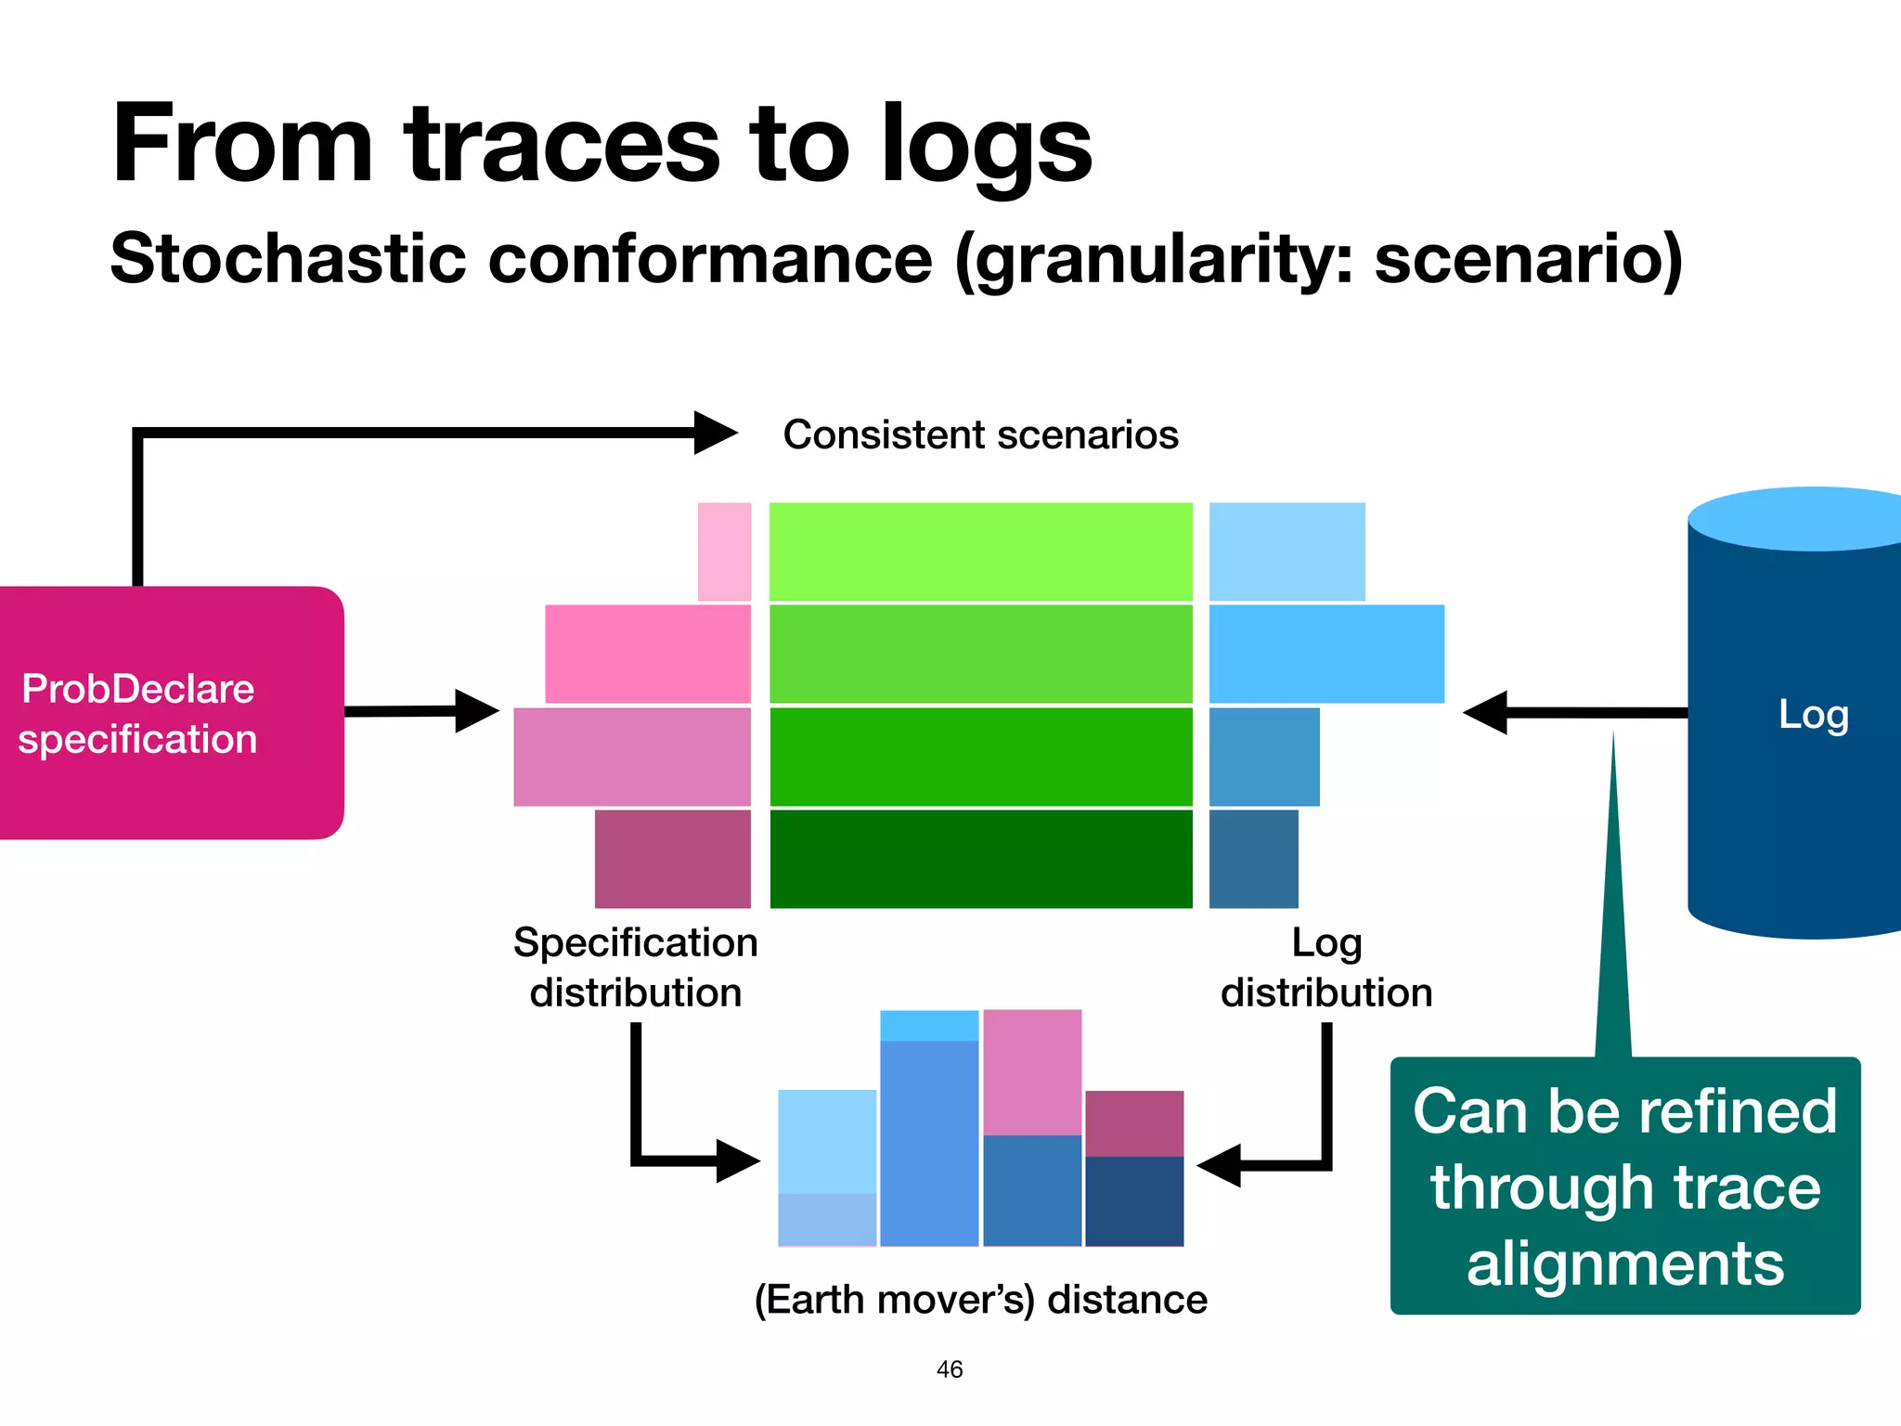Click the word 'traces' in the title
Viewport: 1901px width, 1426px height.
click(562, 146)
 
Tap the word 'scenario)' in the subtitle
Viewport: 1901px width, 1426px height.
click(1528, 259)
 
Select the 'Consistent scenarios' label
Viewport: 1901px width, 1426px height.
click(980, 434)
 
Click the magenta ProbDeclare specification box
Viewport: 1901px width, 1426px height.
click(172, 713)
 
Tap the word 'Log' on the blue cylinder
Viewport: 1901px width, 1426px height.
click(1813, 714)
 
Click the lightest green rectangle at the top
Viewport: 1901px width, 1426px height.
click(980, 551)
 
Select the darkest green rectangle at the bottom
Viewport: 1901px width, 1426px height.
click(980, 859)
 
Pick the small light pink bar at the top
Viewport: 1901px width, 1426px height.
click(724, 551)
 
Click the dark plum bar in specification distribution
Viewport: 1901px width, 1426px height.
click(672, 859)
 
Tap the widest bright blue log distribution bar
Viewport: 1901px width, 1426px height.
click(1326, 654)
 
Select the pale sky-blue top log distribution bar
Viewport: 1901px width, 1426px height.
click(1287, 551)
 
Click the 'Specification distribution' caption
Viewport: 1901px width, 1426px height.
click(636, 967)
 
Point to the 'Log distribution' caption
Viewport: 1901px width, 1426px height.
click(1326, 967)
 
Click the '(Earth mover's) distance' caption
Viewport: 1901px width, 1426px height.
click(980, 1300)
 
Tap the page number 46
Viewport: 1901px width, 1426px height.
click(950, 1369)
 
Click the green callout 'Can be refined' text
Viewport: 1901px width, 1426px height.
click(1624, 1111)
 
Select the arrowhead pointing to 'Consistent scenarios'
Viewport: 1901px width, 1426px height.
click(715, 433)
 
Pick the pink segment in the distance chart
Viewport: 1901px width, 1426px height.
click(1032, 1072)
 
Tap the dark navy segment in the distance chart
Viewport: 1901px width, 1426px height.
click(1134, 1200)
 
